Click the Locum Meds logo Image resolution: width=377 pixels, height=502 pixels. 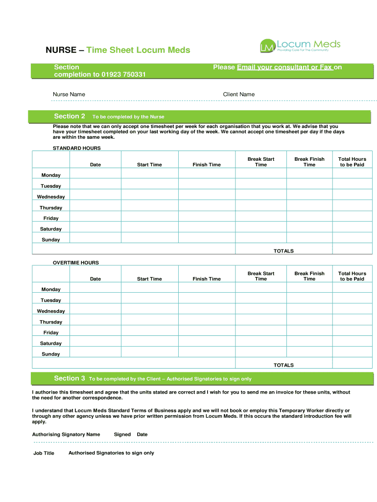click(300, 46)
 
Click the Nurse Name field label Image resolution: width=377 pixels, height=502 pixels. click(69, 94)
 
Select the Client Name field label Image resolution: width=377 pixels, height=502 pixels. click(238, 94)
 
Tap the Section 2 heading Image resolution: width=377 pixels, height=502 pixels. click(70, 116)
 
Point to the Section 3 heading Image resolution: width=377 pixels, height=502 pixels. click(70, 378)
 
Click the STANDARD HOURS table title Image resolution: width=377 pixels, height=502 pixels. click(76, 148)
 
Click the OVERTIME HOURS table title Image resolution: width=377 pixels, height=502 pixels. click(76, 263)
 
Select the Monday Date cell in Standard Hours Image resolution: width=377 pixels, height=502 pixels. click(95, 175)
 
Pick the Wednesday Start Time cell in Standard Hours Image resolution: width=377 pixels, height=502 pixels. click(149, 197)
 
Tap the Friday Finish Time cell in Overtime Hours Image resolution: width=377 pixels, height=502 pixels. click(207, 332)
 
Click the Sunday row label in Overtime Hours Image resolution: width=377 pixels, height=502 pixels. click(51, 354)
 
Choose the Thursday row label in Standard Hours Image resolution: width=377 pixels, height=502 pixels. click(51, 207)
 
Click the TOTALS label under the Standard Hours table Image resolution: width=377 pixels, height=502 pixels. click(283, 251)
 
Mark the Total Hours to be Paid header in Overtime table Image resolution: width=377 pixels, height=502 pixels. click(352, 276)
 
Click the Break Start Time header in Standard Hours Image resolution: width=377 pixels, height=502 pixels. click(260, 162)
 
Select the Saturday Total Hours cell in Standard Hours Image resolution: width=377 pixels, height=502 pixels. click(352, 229)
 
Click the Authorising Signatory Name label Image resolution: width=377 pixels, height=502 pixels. click(66, 434)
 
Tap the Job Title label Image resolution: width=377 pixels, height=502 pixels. click(44, 453)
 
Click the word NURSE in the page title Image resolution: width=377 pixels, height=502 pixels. click(61, 50)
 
